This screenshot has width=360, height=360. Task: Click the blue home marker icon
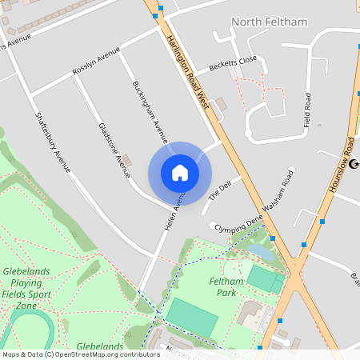click(x=180, y=173)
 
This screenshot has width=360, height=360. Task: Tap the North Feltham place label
click(x=269, y=22)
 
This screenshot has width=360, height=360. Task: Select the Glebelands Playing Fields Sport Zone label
click(x=28, y=288)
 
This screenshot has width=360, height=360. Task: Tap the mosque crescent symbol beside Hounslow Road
click(x=354, y=165)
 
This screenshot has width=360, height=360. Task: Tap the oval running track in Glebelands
click(x=32, y=328)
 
